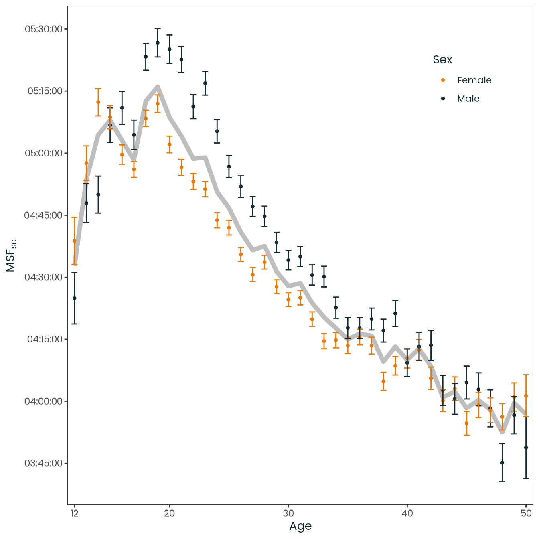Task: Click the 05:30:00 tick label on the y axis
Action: [x=43, y=29]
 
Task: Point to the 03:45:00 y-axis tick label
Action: [x=43, y=463]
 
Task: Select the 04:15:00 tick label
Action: [x=45, y=339]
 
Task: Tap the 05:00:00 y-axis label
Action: [x=43, y=153]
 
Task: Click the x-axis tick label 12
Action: [x=74, y=513]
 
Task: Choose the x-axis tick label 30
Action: [x=288, y=513]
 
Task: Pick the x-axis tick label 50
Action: [x=526, y=513]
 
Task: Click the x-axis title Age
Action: [x=300, y=526]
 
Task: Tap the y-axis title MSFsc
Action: [x=11, y=255]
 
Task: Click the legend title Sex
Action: [x=442, y=59]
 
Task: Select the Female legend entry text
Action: [x=474, y=80]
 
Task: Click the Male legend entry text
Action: [x=468, y=99]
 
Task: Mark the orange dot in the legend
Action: [x=443, y=80]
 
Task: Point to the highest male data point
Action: [x=158, y=43]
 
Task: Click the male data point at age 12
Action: [x=74, y=298]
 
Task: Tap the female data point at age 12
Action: [x=74, y=241]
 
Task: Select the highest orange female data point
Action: [x=98, y=102]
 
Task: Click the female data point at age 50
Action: [x=526, y=396]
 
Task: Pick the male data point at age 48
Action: [x=502, y=463]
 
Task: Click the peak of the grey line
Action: [x=158, y=87]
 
